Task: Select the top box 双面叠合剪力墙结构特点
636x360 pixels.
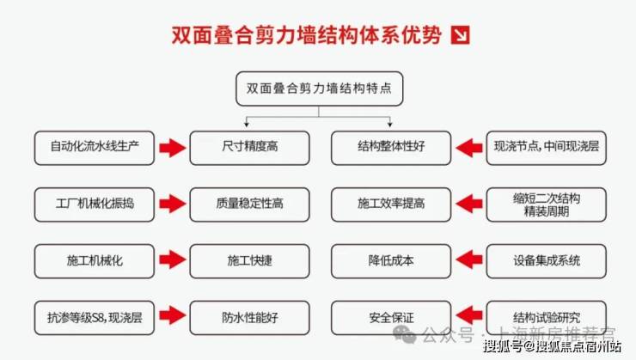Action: pos(318,88)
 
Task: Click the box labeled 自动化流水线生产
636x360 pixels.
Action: pos(95,147)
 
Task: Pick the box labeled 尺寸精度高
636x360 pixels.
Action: pos(248,147)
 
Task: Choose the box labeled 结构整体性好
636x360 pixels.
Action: pos(391,147)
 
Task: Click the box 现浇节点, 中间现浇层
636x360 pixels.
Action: pos(546,147)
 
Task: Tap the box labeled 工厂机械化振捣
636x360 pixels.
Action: pos(95,204)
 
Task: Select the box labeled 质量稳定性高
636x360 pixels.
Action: pos(248,204)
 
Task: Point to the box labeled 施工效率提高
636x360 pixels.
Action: pos(391,204)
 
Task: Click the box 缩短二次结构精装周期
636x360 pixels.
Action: pos(546,204)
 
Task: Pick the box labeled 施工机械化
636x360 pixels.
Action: pos(95,259)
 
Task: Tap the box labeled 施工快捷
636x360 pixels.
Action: pos(248,259)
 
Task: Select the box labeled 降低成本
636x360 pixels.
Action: pos(391,259)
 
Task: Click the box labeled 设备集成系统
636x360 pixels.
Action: pos(546,259)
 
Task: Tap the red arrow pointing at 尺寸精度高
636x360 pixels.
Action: pos(172,148)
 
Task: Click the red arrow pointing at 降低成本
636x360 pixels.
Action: pos(468,259)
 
